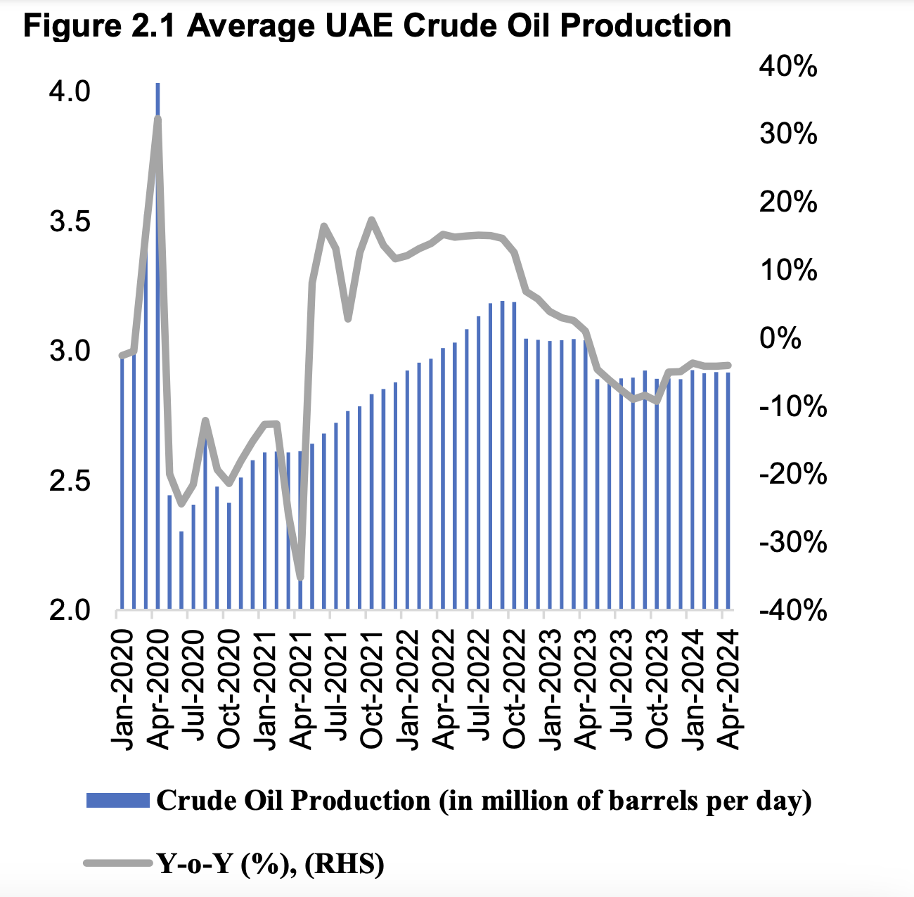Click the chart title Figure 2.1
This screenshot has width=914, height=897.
pos(377,26)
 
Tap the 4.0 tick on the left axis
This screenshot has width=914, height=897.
pos(70,91)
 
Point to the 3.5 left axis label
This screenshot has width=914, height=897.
pos(70,221)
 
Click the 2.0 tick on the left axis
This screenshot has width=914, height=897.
pos(70,610)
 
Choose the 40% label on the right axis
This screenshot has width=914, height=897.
pos(788,67)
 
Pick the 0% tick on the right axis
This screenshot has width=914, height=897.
pos(780,338)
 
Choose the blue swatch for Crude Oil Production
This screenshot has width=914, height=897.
pos(117,801)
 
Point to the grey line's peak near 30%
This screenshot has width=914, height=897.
pos(157,120)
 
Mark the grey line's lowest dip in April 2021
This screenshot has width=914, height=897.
pos(300,577)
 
